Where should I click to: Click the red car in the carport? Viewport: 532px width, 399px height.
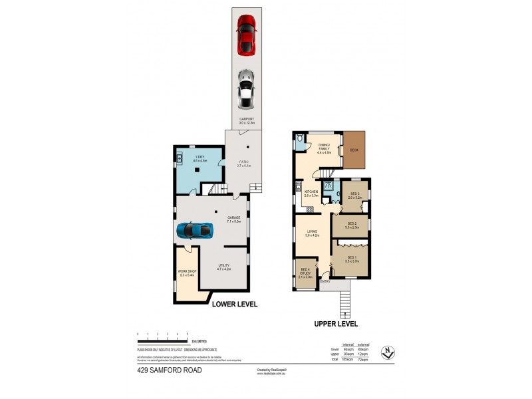tap(246, 35)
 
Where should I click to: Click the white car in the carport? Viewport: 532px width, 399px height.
tap(246, 88)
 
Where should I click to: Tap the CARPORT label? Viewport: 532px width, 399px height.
tap(247, 120)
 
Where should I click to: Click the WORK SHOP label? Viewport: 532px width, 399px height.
tap(186, 273)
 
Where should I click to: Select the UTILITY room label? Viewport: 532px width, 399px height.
tap(223, 267)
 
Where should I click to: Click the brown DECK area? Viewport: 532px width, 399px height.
tap(354, 150)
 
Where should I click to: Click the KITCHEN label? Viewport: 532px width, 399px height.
tap(311, 193)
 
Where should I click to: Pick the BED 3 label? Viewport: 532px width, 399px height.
tap(354, 195)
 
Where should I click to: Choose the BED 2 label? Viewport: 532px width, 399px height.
tap(352, 225)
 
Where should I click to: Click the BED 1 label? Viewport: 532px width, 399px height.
tap(352, 260)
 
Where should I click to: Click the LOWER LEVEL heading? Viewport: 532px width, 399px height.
tap(234, 305)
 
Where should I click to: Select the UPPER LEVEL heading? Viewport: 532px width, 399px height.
tap(335, 324)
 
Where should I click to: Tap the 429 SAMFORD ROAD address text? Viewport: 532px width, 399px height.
tap(169, 370)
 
